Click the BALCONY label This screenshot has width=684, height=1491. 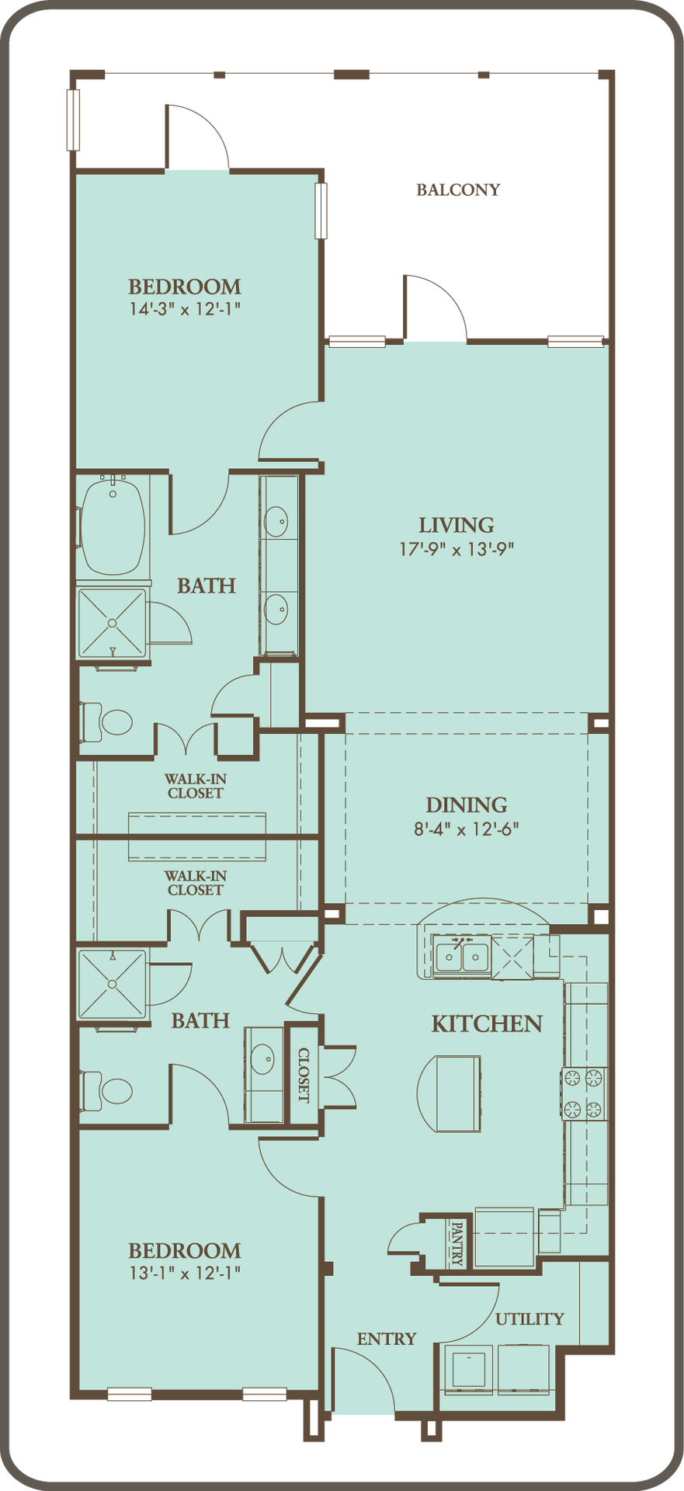[458, 189]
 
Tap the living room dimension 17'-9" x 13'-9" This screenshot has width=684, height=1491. [457, 549]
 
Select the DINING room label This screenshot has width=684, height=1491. [467, 805]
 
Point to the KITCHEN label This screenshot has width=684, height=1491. [487, 1024]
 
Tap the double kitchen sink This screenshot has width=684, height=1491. [461, 957]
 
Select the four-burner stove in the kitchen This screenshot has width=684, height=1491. [584, 1093]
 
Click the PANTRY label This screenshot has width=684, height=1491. [457, 1243]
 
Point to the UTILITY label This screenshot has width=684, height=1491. [530, 1319]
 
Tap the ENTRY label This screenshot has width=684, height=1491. [387, 1339]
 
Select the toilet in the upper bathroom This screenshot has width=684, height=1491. [108, 721]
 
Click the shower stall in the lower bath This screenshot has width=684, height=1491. [112, 984]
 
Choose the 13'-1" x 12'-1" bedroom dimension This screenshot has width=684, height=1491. [185, 1273]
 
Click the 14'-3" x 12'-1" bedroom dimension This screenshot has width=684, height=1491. [185, 309]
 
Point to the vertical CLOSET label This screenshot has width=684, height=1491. [304, 1075]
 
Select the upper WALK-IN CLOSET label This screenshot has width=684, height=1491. [196, 786]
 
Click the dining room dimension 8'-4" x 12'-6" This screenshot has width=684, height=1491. [466, 829]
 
